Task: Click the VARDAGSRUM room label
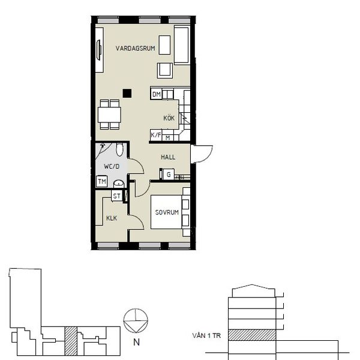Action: click(135, 48)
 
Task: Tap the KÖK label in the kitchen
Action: click(169, 118)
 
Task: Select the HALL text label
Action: click(168, 157)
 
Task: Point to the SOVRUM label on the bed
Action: click(167, 212)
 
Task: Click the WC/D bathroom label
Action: click(112, 166)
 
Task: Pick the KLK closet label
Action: click(112, 218)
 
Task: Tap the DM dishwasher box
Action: click(157, 94)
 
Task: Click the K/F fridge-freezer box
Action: click(156, 135)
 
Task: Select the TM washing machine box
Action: click(102, 181)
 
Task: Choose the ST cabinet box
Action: click(116, 196)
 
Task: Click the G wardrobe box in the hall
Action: click(169, 175)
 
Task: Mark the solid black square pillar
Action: click(127, 93)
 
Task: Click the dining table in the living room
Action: click(110, 115)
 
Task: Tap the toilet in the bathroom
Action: click(119, 149)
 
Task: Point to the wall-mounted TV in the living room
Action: click(99, 50)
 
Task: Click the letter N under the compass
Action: click(136, 343)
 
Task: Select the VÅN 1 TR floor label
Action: click(206, 335)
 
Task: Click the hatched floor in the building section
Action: click(252, 335)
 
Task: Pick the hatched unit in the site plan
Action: click(71, 341)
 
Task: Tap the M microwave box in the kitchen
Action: click(168, 138)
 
